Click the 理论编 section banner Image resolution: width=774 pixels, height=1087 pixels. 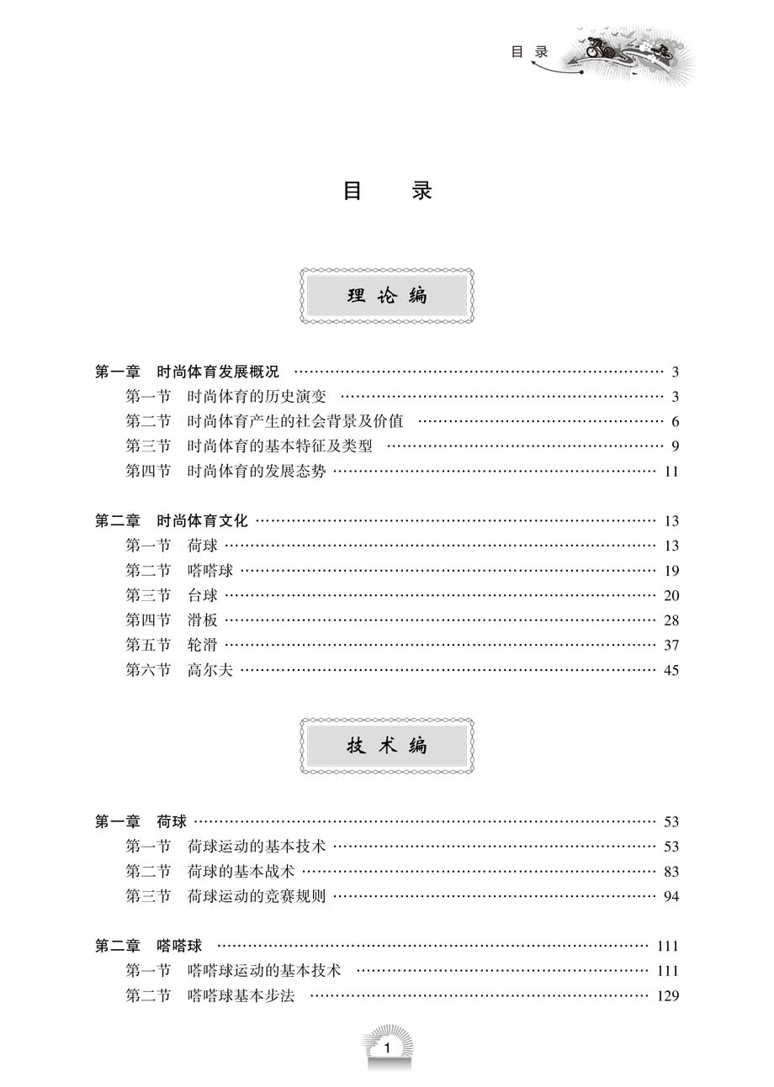[x=387, y=296]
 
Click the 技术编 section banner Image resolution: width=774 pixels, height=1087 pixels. [x=387, y=746]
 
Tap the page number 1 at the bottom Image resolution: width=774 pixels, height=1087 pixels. [x=387, y=1048]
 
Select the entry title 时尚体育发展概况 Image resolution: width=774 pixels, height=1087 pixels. [x=218, y=372]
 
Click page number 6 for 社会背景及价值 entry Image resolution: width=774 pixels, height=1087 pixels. [x=675, y=422]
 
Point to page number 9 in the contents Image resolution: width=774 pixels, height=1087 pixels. [x=675, y=446]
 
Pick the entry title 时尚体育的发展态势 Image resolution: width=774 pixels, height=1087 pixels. [x=257, y=471]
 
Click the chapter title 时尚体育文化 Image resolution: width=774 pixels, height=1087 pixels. [x=203, y=520]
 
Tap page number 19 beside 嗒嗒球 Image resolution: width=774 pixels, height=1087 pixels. [x=671, y=571]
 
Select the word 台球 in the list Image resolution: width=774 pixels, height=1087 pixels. [x=203, y=595]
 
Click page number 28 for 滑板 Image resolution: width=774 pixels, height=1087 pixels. [x=671, y=620]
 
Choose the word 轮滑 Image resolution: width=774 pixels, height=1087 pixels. [x=203, y=645]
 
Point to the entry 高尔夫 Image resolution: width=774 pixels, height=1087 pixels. [x=210, y=670]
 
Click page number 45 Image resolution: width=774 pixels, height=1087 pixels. [x=671, y=670]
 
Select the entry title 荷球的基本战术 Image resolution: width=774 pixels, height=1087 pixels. [x=241, y=871]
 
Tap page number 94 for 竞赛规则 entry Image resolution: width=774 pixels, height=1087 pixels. [x=671, y=896]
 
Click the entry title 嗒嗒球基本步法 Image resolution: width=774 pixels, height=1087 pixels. [x=241, y=995]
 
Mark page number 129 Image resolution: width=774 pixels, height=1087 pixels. [x=668, y=996]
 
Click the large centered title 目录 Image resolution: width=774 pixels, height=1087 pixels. [x=387, y=191]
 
